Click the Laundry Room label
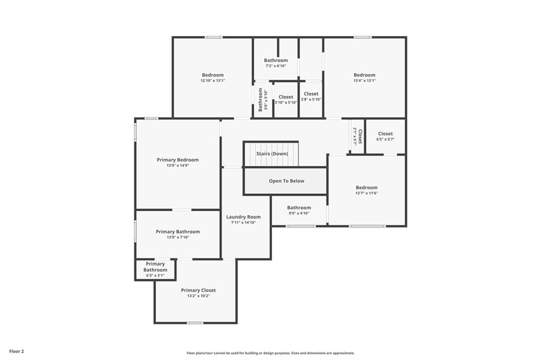243,217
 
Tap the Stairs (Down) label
272,154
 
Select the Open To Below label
286,181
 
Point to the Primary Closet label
199,290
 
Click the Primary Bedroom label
178,160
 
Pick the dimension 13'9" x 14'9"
178,166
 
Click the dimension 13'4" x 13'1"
365,81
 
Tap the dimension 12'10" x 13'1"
213,81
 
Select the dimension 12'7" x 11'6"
367,193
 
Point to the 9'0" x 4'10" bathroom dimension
299,213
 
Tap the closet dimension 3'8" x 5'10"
311,99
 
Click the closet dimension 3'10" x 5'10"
286,102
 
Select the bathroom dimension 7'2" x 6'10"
276,66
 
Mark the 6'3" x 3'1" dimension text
155,276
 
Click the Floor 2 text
16,352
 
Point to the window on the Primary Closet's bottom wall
195,323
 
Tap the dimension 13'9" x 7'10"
178,237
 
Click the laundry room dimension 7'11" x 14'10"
243,222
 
